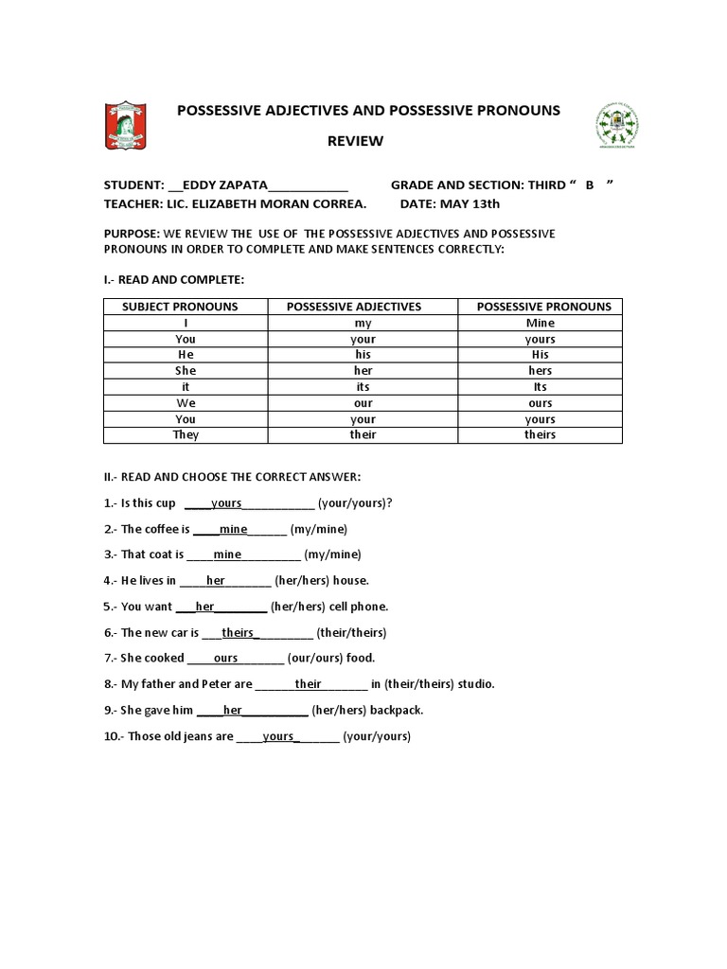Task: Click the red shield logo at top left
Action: point(125,125)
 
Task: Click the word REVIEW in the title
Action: point(355,141)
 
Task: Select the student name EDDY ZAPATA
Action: point(225,185)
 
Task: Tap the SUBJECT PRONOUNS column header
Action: point(180,307)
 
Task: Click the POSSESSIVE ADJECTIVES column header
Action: point(354,307)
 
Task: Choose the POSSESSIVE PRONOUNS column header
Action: point(543,307)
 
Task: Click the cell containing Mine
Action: point(541,323)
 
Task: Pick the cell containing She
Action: point(186,371)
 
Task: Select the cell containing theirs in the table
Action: point(540,434)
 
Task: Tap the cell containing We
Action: point(186,402)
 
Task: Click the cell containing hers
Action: point(541,371)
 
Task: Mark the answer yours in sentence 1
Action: point(226,503)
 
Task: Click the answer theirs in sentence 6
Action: point(239,632)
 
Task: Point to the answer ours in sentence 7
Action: point(226,658)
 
